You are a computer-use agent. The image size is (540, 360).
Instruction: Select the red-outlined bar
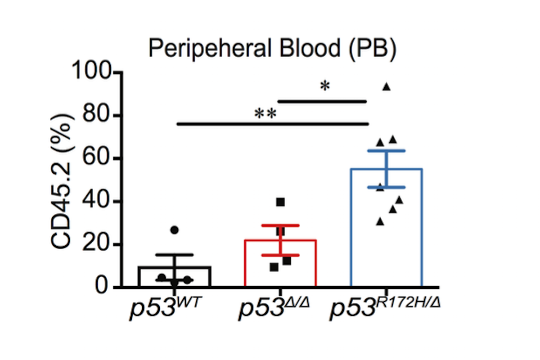pyautogui.click(x=280, y=263)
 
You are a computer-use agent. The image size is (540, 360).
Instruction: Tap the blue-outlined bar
pyautogui.click(x=386, y=228)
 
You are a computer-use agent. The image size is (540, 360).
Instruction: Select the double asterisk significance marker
pyautogui.click(x=265, y=114)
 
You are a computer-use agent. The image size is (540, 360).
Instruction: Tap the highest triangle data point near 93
pyautogui.click(x=386, y=87)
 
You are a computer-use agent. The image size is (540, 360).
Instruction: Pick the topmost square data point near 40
pyautogui.click(x=280, y=202)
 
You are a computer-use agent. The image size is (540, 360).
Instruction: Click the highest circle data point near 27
pyautogui.click(x=175, y=230)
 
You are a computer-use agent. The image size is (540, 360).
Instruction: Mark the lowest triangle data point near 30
pyautogui.click(x=380, y=221)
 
